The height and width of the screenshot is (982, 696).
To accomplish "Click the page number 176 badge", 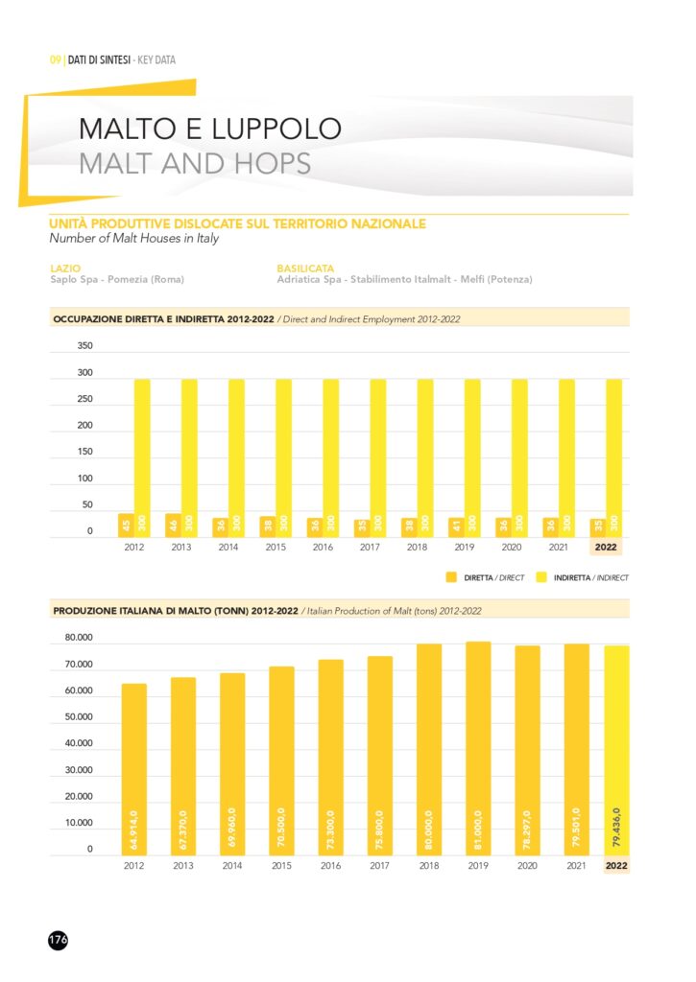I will tap(58, 940).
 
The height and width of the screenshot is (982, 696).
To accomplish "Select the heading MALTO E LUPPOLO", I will tap(210, 129).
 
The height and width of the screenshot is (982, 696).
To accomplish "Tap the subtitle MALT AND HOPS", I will tap(195, 162).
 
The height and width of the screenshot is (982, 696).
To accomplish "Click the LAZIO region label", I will tap(65, 269).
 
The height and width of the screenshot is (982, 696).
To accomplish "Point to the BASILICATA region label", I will tap(306, 269).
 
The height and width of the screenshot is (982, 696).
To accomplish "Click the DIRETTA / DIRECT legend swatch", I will tap(452, 578).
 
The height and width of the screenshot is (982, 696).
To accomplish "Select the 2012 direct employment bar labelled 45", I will tap(125, 525).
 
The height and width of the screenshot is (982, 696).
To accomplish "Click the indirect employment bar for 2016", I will tap(330, 456).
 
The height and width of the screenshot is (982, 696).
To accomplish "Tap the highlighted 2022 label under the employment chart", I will tap(607, 549).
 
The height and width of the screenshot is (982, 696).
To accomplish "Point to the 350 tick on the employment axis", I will tap(84, 345).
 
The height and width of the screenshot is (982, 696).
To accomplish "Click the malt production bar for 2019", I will tap(478, 748).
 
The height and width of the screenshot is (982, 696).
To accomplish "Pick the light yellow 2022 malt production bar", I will tap(616, 751).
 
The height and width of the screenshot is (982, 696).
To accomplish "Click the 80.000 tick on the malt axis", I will tap(79, 638).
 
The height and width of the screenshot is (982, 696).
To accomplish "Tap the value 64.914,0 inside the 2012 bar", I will tap(133, 828).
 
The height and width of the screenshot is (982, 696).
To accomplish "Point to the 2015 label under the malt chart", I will tap(281, 865).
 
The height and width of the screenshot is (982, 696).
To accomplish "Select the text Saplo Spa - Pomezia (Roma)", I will tap(117, 280).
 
